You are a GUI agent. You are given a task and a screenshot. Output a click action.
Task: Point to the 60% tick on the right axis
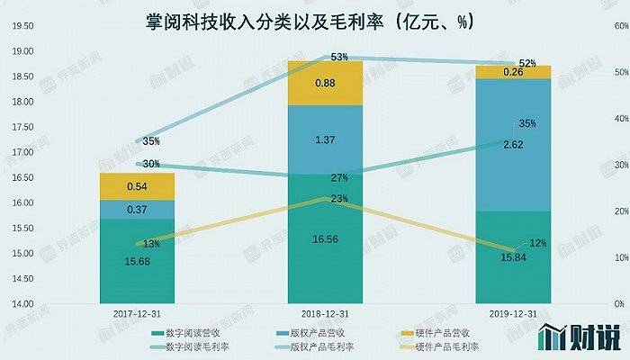point(617,26)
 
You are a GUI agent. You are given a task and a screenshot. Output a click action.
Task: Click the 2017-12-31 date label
point(138,314)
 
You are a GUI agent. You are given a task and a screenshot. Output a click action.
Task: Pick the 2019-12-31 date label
point(513,314)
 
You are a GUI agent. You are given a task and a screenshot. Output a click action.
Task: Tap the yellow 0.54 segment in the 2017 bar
point(139,186)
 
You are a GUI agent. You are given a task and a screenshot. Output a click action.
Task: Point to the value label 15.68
point(139,262)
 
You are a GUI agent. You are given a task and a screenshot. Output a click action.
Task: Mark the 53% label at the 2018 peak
point(314,58)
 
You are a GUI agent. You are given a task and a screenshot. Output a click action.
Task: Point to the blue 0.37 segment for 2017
point(139,210)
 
